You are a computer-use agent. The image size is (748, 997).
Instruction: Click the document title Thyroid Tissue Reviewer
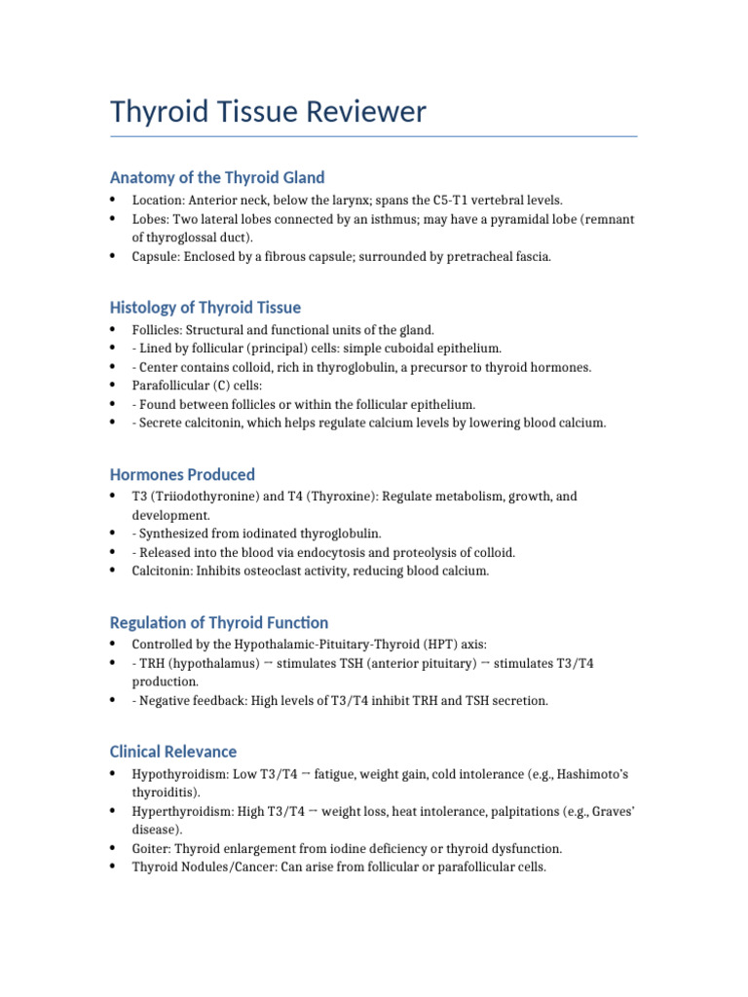pos(268,112)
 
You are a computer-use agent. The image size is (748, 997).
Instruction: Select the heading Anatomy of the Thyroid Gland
pos(217,177)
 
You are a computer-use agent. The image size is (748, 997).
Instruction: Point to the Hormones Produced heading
pos(182,474)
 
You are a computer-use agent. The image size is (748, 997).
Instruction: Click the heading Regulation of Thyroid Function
pos(219,622)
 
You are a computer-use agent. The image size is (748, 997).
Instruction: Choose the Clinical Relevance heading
pos(173,752)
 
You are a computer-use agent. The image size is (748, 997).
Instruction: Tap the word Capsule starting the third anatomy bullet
pos(154,257)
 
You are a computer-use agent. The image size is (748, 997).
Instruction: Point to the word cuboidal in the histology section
pos(394,349)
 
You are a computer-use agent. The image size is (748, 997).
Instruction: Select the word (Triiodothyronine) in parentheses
pos(201,497)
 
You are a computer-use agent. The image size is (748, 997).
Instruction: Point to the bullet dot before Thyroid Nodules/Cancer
pos(113,867)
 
